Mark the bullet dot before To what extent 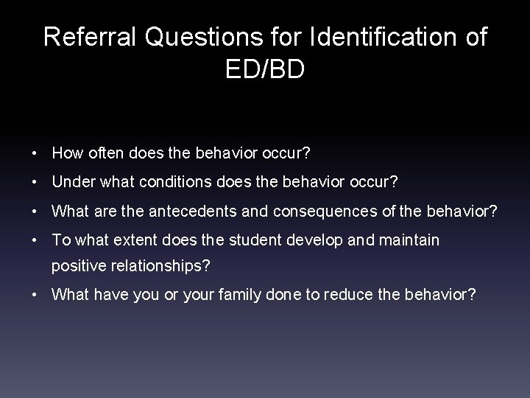(36, 240)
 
